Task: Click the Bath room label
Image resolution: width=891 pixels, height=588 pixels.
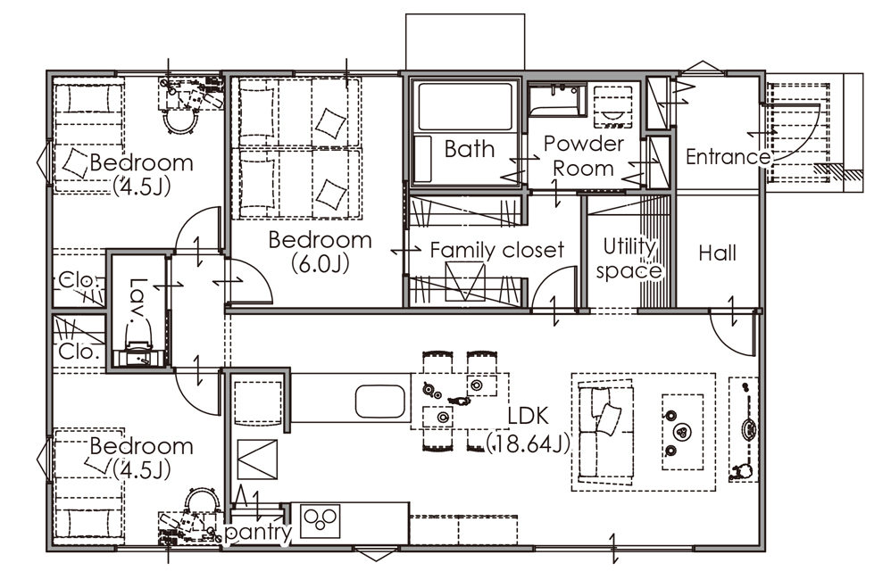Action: (x=469, y=149)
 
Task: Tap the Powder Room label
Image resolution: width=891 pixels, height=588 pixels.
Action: (x=584, y=155)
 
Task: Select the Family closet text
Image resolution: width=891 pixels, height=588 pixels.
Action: (x=496, y=250)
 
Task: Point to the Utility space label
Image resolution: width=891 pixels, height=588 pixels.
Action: (x=629, y=259)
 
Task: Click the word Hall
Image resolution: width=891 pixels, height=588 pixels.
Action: (x=717, y=253)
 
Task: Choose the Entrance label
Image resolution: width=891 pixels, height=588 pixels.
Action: (x=728, y=156)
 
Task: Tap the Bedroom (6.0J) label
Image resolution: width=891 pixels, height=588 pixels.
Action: (x=320, y=251)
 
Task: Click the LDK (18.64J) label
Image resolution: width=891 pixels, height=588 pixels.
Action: (x=529, y=430)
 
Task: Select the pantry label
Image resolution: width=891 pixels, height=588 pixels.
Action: (x=259, y=533)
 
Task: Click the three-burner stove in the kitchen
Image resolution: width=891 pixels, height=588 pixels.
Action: (x=320, y=520)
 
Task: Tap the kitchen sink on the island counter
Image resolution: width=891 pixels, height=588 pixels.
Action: (x=380, y=402)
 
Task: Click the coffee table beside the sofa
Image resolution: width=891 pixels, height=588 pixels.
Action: (x=682, y=432)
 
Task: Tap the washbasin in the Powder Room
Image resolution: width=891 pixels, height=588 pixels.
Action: (x=613, y=107)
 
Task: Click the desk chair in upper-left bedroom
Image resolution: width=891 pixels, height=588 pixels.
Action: (x=181, y=121)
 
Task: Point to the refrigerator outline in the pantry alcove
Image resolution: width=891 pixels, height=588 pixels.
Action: (x=257, y=459)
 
